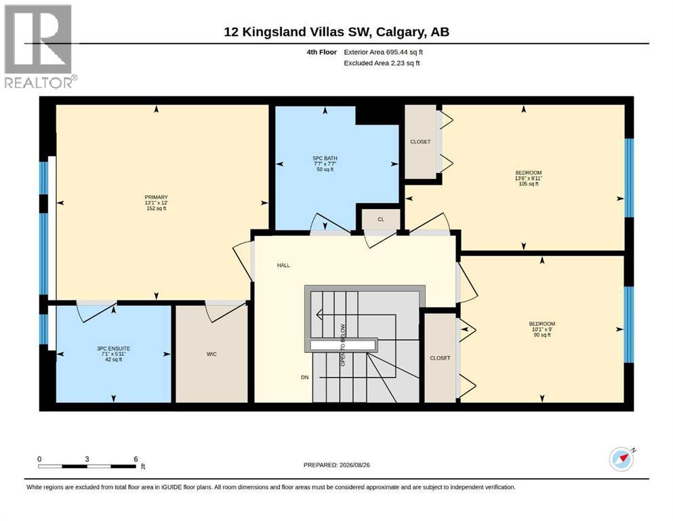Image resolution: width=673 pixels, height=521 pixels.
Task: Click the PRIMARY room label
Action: pyautogui.click(x=157, y=197)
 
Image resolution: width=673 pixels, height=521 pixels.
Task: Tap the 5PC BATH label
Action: pyautogui.click(x=325, y=158)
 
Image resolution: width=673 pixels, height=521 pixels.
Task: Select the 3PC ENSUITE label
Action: pyautogui.click(x=113, y=349)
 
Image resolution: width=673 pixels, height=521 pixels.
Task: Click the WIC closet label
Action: pyautogui.click(x=211, y=354)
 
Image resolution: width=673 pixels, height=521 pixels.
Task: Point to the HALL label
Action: pyautogui.click(x=283, y=265)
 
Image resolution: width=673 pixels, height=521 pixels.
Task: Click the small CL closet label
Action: pyautogui.click(x=381, y=220)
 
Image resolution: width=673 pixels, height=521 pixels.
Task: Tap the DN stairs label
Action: pyautogui.click(x=305, y=378)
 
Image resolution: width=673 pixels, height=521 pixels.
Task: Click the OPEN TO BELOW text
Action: pyautogui.click(x=343, y=345)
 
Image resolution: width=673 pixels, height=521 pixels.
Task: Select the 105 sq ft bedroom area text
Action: pyautogui.click(x=529, y=184)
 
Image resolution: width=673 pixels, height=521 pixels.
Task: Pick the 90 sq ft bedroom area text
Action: pyautogui.click(x=542, y=335)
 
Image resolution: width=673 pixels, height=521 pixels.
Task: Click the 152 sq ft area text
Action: pyautogui.click(x=157, y=208)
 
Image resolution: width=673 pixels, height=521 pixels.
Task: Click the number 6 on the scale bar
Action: pyautogui.click(x=136, y=459)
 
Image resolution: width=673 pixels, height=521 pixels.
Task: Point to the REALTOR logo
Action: pyautogui.click(x=39, y=46)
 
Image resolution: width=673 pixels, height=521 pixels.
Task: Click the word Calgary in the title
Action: pyautogui.click(x=398, y=32)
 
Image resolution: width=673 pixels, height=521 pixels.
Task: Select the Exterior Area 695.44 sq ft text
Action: pyautogui.click(x=384, y=52)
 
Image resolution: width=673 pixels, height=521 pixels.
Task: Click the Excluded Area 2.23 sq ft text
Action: pyautogui.click(x=382, y=63)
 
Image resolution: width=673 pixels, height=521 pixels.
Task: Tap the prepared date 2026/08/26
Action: pyautogui.click(x=354, y=465)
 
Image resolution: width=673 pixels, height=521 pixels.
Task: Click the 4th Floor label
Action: pyautogui.click(x=321, y=52)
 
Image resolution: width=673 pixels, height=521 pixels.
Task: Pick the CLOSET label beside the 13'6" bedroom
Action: pyautogui.click(x=420, y=142)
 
